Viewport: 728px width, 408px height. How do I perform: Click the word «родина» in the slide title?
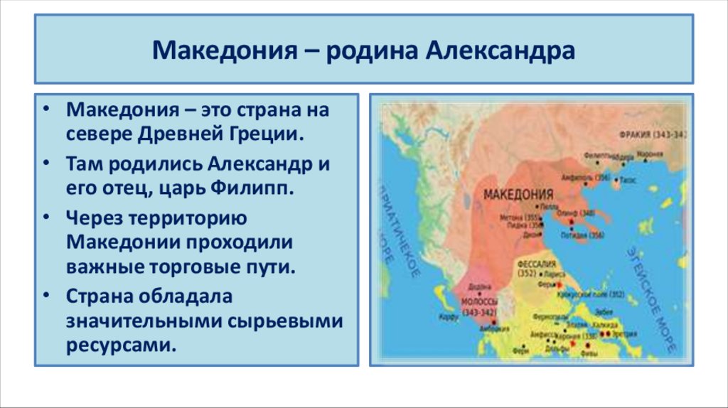pyautogui.click(x=370, y=51)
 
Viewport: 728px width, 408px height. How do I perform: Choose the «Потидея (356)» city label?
pyautogui.click(x=582, y=235)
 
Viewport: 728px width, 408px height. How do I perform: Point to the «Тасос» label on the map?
pyautogui.click(x=632, y=181)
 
